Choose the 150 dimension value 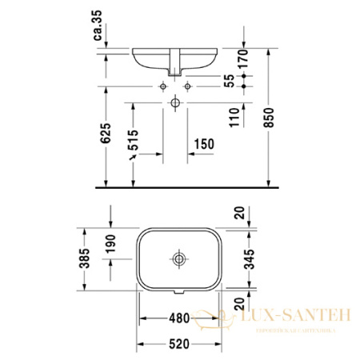203,144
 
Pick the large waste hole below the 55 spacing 175,103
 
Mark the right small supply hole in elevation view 188,85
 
